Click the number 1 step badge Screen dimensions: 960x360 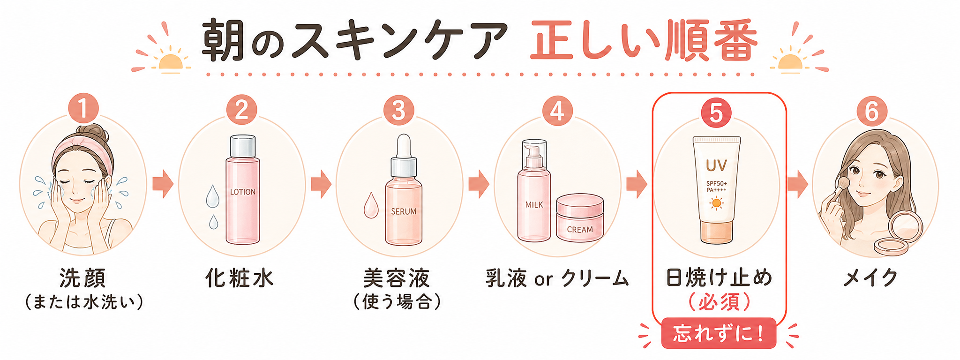pyautogui.click(x=83, y=108)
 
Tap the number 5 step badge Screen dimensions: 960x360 pyautogui.click(x=716, y=113)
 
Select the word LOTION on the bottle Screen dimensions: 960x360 pyautogui.click(x=243, y=192)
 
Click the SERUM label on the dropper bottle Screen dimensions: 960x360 pyautogui.click(x=404, y=211)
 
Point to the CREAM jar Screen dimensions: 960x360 pyautogui.click(x=580, y=218)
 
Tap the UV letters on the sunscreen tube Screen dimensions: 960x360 pyautogui.click(x=716, y=165)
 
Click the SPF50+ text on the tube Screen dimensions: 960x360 pyautogui.click(x=717, y=183)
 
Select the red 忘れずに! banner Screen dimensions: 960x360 pyautogui.click(x=719, y=334)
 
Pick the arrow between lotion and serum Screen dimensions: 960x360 pyautogui.click(x=321, y=184)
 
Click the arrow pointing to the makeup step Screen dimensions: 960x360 pyautogui.click(x=797, y=184)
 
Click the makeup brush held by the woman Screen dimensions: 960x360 pyautogui.click(x=839, y=188)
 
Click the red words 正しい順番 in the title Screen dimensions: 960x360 pyautogui.click(x=644, y=41)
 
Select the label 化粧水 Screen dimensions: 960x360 pyautogui.click(x=239, y=278)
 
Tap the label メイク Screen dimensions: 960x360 pyautogui.click(x=870, y=278)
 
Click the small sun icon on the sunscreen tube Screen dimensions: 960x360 pyautogui.click(x=716, y=203)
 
